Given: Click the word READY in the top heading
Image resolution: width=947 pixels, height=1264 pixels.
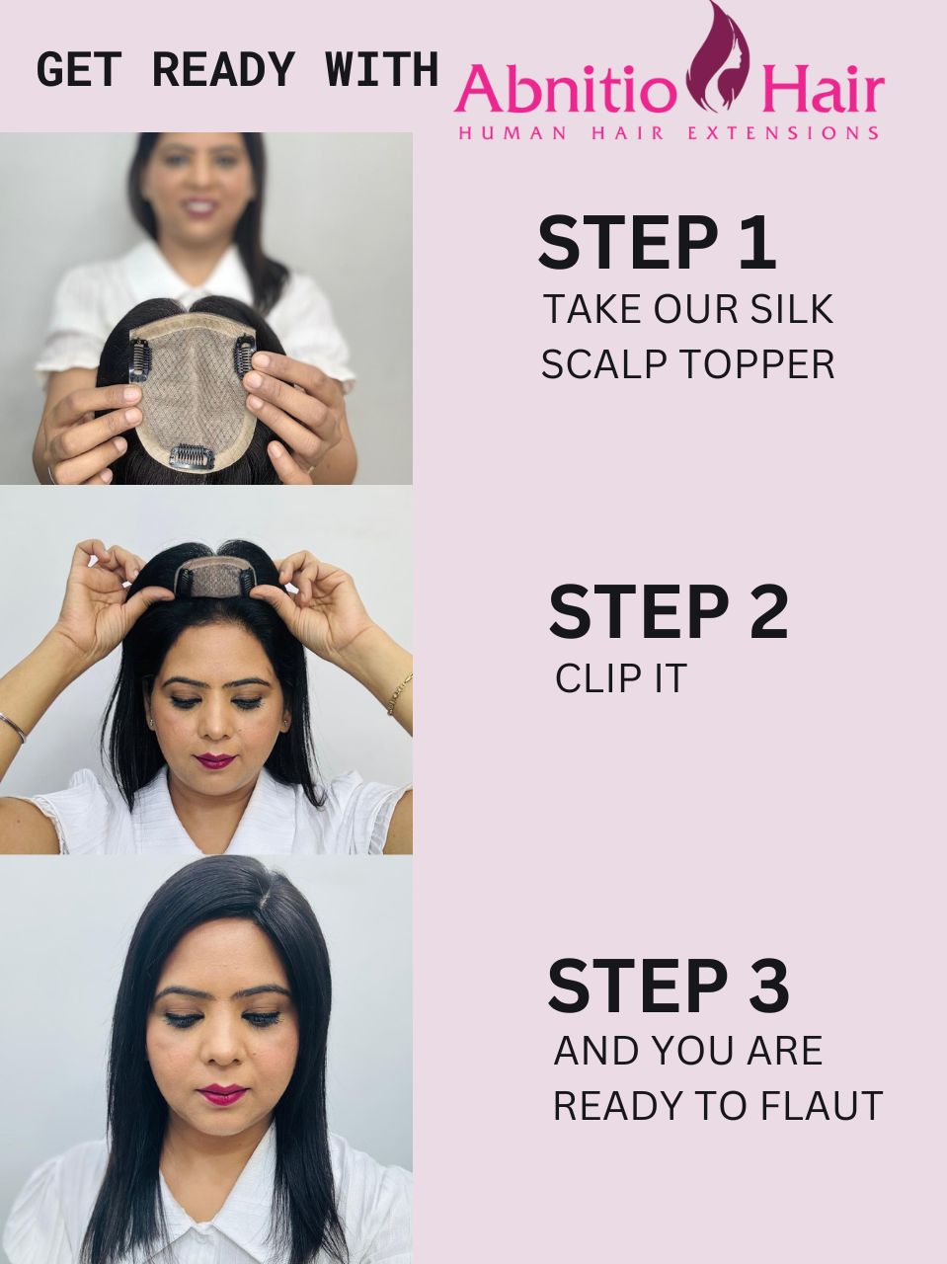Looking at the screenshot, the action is (223, 70).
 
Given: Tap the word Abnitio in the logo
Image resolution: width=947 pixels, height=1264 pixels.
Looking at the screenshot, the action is (566, 89).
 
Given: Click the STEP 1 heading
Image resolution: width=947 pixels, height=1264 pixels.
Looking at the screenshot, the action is (657, 243).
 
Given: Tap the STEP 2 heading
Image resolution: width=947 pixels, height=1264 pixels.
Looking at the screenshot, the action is (668, 611).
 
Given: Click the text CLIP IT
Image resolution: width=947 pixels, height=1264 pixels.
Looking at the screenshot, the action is (621, 678).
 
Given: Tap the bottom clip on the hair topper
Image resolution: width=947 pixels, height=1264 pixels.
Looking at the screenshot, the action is (192, 455).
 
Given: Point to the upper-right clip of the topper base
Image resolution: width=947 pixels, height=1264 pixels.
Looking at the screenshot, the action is (241, 358).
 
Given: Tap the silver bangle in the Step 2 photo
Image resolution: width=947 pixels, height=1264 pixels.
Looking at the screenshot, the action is (14, 728).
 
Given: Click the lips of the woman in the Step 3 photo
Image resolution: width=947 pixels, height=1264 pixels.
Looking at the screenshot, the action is (221, 1093).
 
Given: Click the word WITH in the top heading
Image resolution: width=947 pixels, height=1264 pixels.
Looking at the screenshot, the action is (382, 70).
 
